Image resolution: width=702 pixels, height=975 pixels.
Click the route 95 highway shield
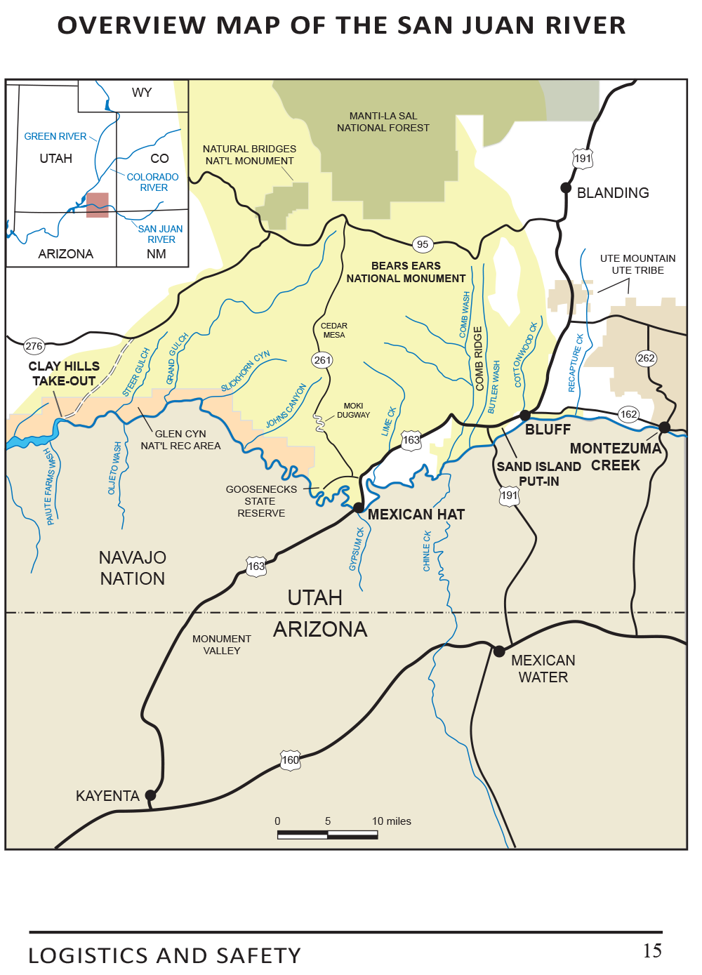pos(422,244)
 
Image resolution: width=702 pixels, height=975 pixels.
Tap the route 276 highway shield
pos(34,346)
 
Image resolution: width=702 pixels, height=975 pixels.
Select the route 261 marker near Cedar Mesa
pos(322,360)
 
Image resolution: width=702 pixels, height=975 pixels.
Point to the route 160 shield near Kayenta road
pos(290,760)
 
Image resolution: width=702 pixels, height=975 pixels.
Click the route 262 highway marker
pos(646,358)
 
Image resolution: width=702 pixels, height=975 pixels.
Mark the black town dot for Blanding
pos(566,187)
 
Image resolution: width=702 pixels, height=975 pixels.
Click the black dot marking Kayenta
pos(150,795)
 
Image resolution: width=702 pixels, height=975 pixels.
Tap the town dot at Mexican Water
pos(499,651)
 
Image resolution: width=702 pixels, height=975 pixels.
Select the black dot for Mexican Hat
pos(359,508)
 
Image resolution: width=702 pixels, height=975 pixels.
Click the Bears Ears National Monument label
pos(406,272)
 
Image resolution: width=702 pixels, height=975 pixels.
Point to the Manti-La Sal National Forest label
pos(383,122)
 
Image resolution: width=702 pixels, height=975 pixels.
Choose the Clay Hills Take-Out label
pos(64,373)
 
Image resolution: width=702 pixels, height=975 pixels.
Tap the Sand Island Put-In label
pos(538,474)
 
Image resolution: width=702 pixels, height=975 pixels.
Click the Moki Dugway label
pos(353,411)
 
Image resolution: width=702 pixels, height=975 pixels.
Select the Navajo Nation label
pos(133,568)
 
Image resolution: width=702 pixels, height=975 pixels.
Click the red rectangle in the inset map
pos(98,205)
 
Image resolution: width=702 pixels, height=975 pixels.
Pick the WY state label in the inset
pos(142,93)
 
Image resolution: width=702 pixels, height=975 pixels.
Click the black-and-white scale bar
pos(327,835)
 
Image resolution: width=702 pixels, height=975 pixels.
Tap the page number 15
pos(652,950)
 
